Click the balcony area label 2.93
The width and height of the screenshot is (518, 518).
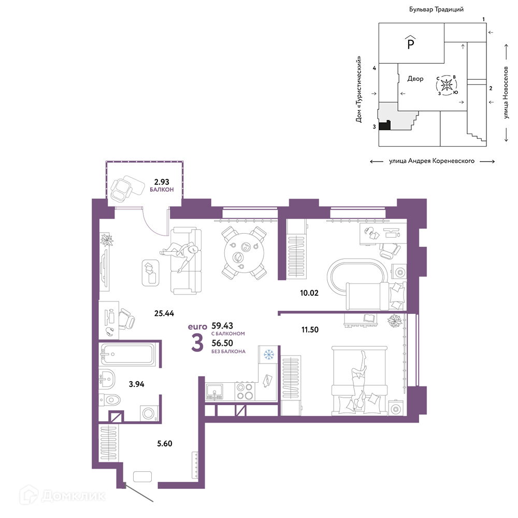[162, 182]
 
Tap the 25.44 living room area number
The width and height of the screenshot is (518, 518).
[164, 313]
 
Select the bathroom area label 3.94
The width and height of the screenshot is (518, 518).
[136, 384]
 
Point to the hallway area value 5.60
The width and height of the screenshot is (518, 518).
[165, 443]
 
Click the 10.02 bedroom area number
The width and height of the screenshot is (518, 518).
[309, 293]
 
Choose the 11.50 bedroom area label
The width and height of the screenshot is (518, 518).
[310, 329]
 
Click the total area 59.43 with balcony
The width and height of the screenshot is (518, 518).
[222, 326]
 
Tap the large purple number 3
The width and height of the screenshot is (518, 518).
[197, 343]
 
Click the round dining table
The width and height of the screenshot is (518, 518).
[244, 253]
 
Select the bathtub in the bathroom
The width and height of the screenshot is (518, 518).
[127, 354]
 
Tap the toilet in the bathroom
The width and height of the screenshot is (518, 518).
[110, 400]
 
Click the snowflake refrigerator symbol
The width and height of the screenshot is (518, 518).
[268, 355]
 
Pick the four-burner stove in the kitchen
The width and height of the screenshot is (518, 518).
[245, 391]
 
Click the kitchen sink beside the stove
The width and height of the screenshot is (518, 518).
[214, 392]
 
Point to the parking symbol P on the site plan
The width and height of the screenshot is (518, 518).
[411, 43]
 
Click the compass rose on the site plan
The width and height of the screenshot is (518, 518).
[447, 85]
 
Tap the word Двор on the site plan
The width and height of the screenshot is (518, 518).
[415, 79]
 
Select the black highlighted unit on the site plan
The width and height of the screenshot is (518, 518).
[384, 125]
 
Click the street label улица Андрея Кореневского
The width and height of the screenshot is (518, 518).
[432, 161]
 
